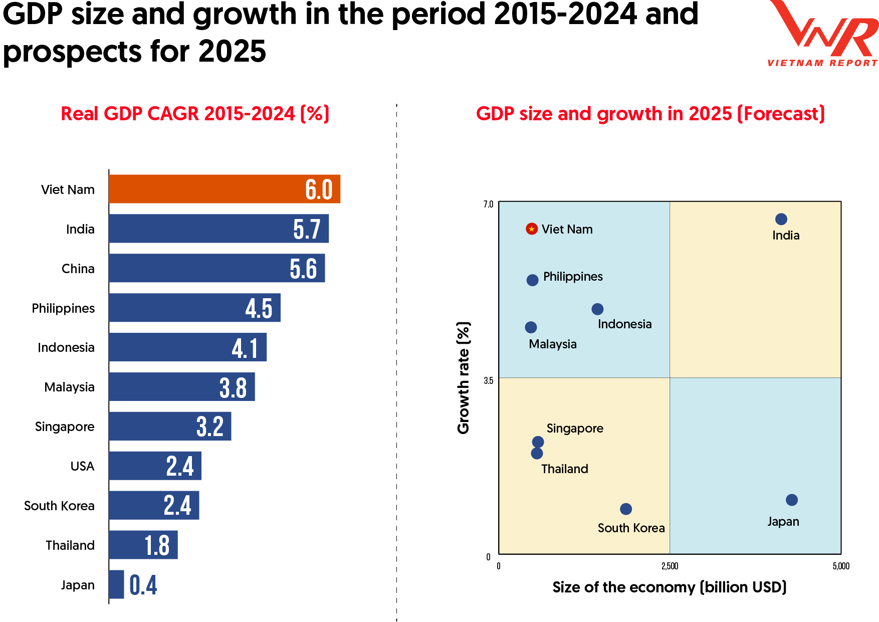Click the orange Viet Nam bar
click(225, 189)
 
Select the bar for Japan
click(116, 584)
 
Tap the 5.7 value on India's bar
click(307, 229)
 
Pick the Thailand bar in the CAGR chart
click(143, 545)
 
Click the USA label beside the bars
click(82, 466)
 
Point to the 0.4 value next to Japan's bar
click(143, 585)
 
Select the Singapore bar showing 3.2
click(170, 426)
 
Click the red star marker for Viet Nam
click(532, 229)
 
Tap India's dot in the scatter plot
click(781, 219)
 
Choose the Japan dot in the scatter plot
click(792, 500)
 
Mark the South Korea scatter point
click(626, 509)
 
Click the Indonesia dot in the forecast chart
click(597, 309)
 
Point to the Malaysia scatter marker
click(531, 327)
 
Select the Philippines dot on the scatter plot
click(533, 280)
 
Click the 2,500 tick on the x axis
click(670, 566)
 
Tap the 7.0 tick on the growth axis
click(488, 204)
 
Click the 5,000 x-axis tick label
click(841, 566)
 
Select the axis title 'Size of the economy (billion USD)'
click(670, 587)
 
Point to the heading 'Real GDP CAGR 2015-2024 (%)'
click(195, 114)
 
